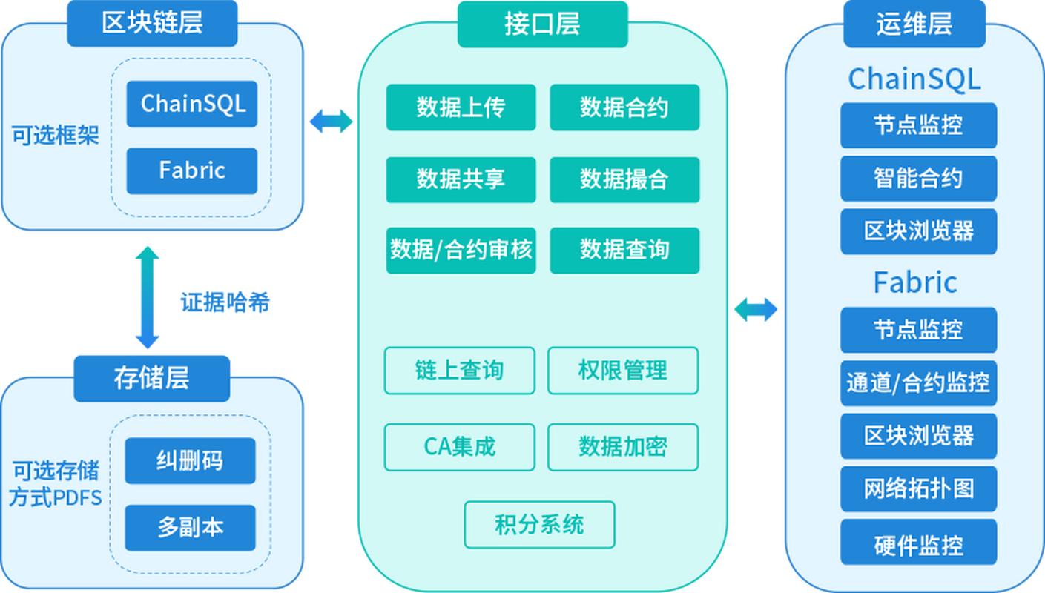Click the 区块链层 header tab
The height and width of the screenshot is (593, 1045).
click(x=152, y=23)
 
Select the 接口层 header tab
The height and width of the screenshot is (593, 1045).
click(x=542, y=24)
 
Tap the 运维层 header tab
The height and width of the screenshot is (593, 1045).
click(x=914, y=24)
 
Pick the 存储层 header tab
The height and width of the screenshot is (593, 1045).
click(x=151, y=378)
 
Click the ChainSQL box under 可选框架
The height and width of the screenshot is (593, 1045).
click(x=192, y=104)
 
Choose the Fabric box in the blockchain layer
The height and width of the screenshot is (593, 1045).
click(x=192, y=170)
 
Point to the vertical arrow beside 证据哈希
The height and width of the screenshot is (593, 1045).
click(x=148, y=297)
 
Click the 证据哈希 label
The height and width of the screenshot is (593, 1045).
click(x=225, y=302)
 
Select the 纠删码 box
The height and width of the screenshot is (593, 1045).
click(x=190, y=460)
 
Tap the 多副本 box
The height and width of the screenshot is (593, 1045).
click(x=190, y=528)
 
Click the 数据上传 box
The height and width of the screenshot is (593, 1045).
click(x=461, y=107)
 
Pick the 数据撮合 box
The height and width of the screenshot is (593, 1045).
click(x=624, y=179)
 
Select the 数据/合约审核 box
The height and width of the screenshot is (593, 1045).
click(x=461, y=250)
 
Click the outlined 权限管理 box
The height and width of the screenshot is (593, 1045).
click(x=622, y=370)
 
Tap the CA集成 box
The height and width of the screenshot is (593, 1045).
click(x=459, y=447)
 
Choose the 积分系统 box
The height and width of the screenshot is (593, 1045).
click(x=539, y=525)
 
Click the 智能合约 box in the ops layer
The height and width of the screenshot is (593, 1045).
click(x=918, y=178)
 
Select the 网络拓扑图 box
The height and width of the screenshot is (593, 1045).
click(x=918, y=488)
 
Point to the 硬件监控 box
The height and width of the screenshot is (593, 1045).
click(x=918, y=546)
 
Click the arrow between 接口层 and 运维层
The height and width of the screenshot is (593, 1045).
click(x=756, y=310)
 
